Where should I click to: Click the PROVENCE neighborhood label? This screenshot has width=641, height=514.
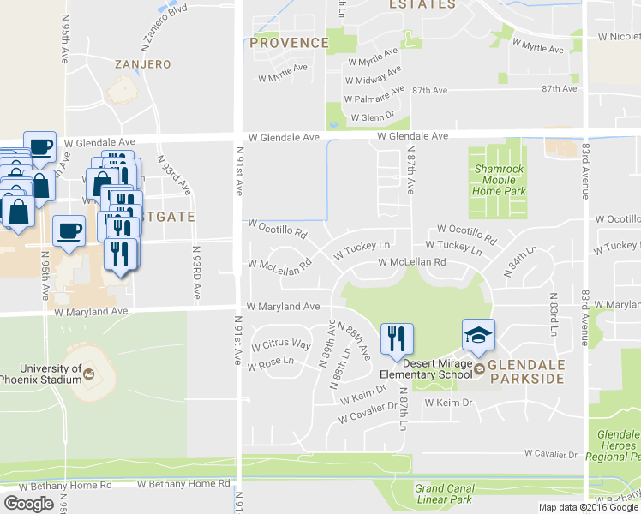pos(290,43)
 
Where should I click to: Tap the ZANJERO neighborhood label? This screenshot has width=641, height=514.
pos(143,64)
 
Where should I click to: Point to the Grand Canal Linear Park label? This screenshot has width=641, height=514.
pos(443,493)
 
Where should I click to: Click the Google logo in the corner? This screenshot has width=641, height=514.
pos(28,504)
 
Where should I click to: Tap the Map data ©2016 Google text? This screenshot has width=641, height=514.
pos(589,507)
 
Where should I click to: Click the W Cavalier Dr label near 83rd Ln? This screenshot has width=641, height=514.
pos(551,453)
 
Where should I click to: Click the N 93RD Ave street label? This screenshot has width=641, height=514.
pos(196,272)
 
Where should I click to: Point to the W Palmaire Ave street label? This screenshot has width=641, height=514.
pos(374,93)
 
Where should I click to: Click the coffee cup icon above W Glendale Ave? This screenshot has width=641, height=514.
pos(39,146)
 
